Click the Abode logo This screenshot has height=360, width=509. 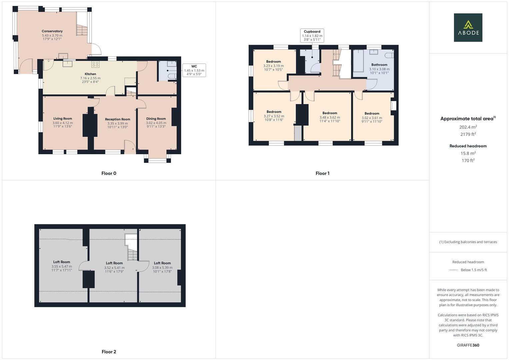[x=468, y=28]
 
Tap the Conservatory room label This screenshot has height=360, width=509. [x=52, y=31]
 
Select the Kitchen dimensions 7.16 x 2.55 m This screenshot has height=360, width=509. [x=90, y=78]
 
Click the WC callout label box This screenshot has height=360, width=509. [x=194, y=70]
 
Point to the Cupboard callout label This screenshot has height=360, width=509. [x=312, y=35]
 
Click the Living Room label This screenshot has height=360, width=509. [x=63, y=119]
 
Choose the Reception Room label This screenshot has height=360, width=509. [x=117, y=119]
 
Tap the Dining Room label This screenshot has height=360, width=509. [x=156, y=119]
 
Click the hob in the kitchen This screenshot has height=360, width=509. [x=95, y=64]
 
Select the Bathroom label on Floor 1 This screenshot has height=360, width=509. [x=379, y=65]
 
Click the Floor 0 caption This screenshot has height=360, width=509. [x=109, y=173]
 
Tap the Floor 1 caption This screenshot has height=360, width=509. [x=322, y=173]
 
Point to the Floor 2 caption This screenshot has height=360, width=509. [x=109, y=352]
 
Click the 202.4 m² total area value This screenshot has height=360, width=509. [x=468, y=127]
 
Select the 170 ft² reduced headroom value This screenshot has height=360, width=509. [x=468, y=161]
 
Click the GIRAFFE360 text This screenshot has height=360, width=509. [x=468, y=345]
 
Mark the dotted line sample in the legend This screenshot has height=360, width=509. [x=453, y=270]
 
